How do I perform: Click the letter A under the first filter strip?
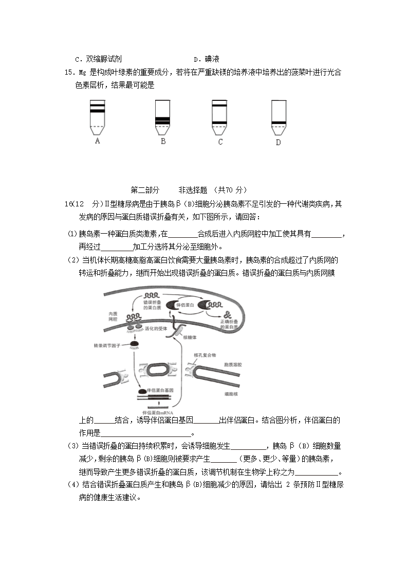coord(97,141)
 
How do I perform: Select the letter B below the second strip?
coord(163,141)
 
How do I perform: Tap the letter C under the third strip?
coord(220,142)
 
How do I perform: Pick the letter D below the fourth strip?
coord(278,142)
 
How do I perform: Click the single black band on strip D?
coord(279,122)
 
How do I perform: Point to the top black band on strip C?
coord(219,106)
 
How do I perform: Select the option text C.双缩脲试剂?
coord(98,59)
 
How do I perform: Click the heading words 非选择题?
coord(193,189)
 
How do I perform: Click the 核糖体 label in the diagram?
coord(190,338)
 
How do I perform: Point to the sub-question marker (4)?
coord(73,484)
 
